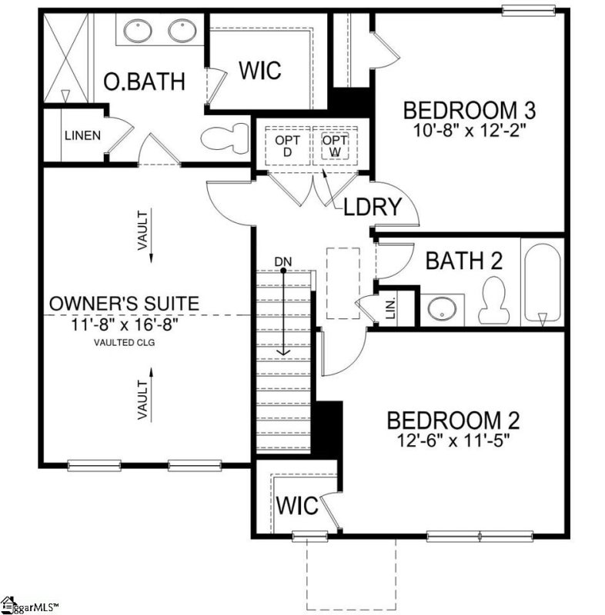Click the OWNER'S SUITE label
click(125, 304)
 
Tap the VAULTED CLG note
click(124, 343)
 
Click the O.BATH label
click(145, 81)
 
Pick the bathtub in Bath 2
click(543, 284)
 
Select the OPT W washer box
click(335, 145)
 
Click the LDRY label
click(373, 207)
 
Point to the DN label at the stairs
click(283, 262)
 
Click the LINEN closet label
click(82, 136)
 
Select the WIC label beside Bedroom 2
click(296, 506)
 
